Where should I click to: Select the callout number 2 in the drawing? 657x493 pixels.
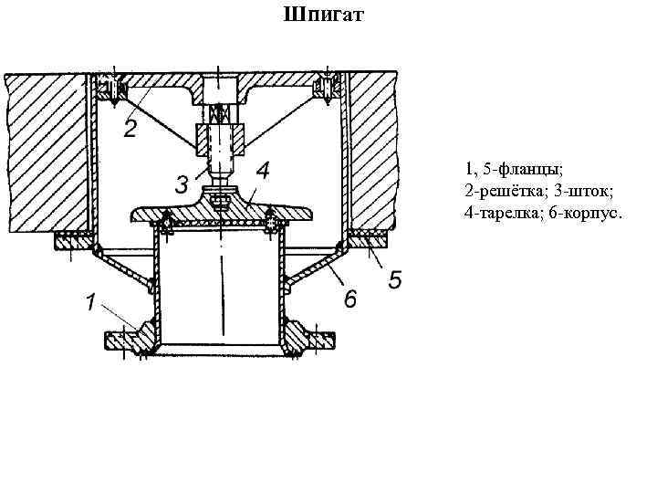click(130, 129)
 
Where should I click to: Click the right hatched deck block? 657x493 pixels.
click(374, 151)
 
